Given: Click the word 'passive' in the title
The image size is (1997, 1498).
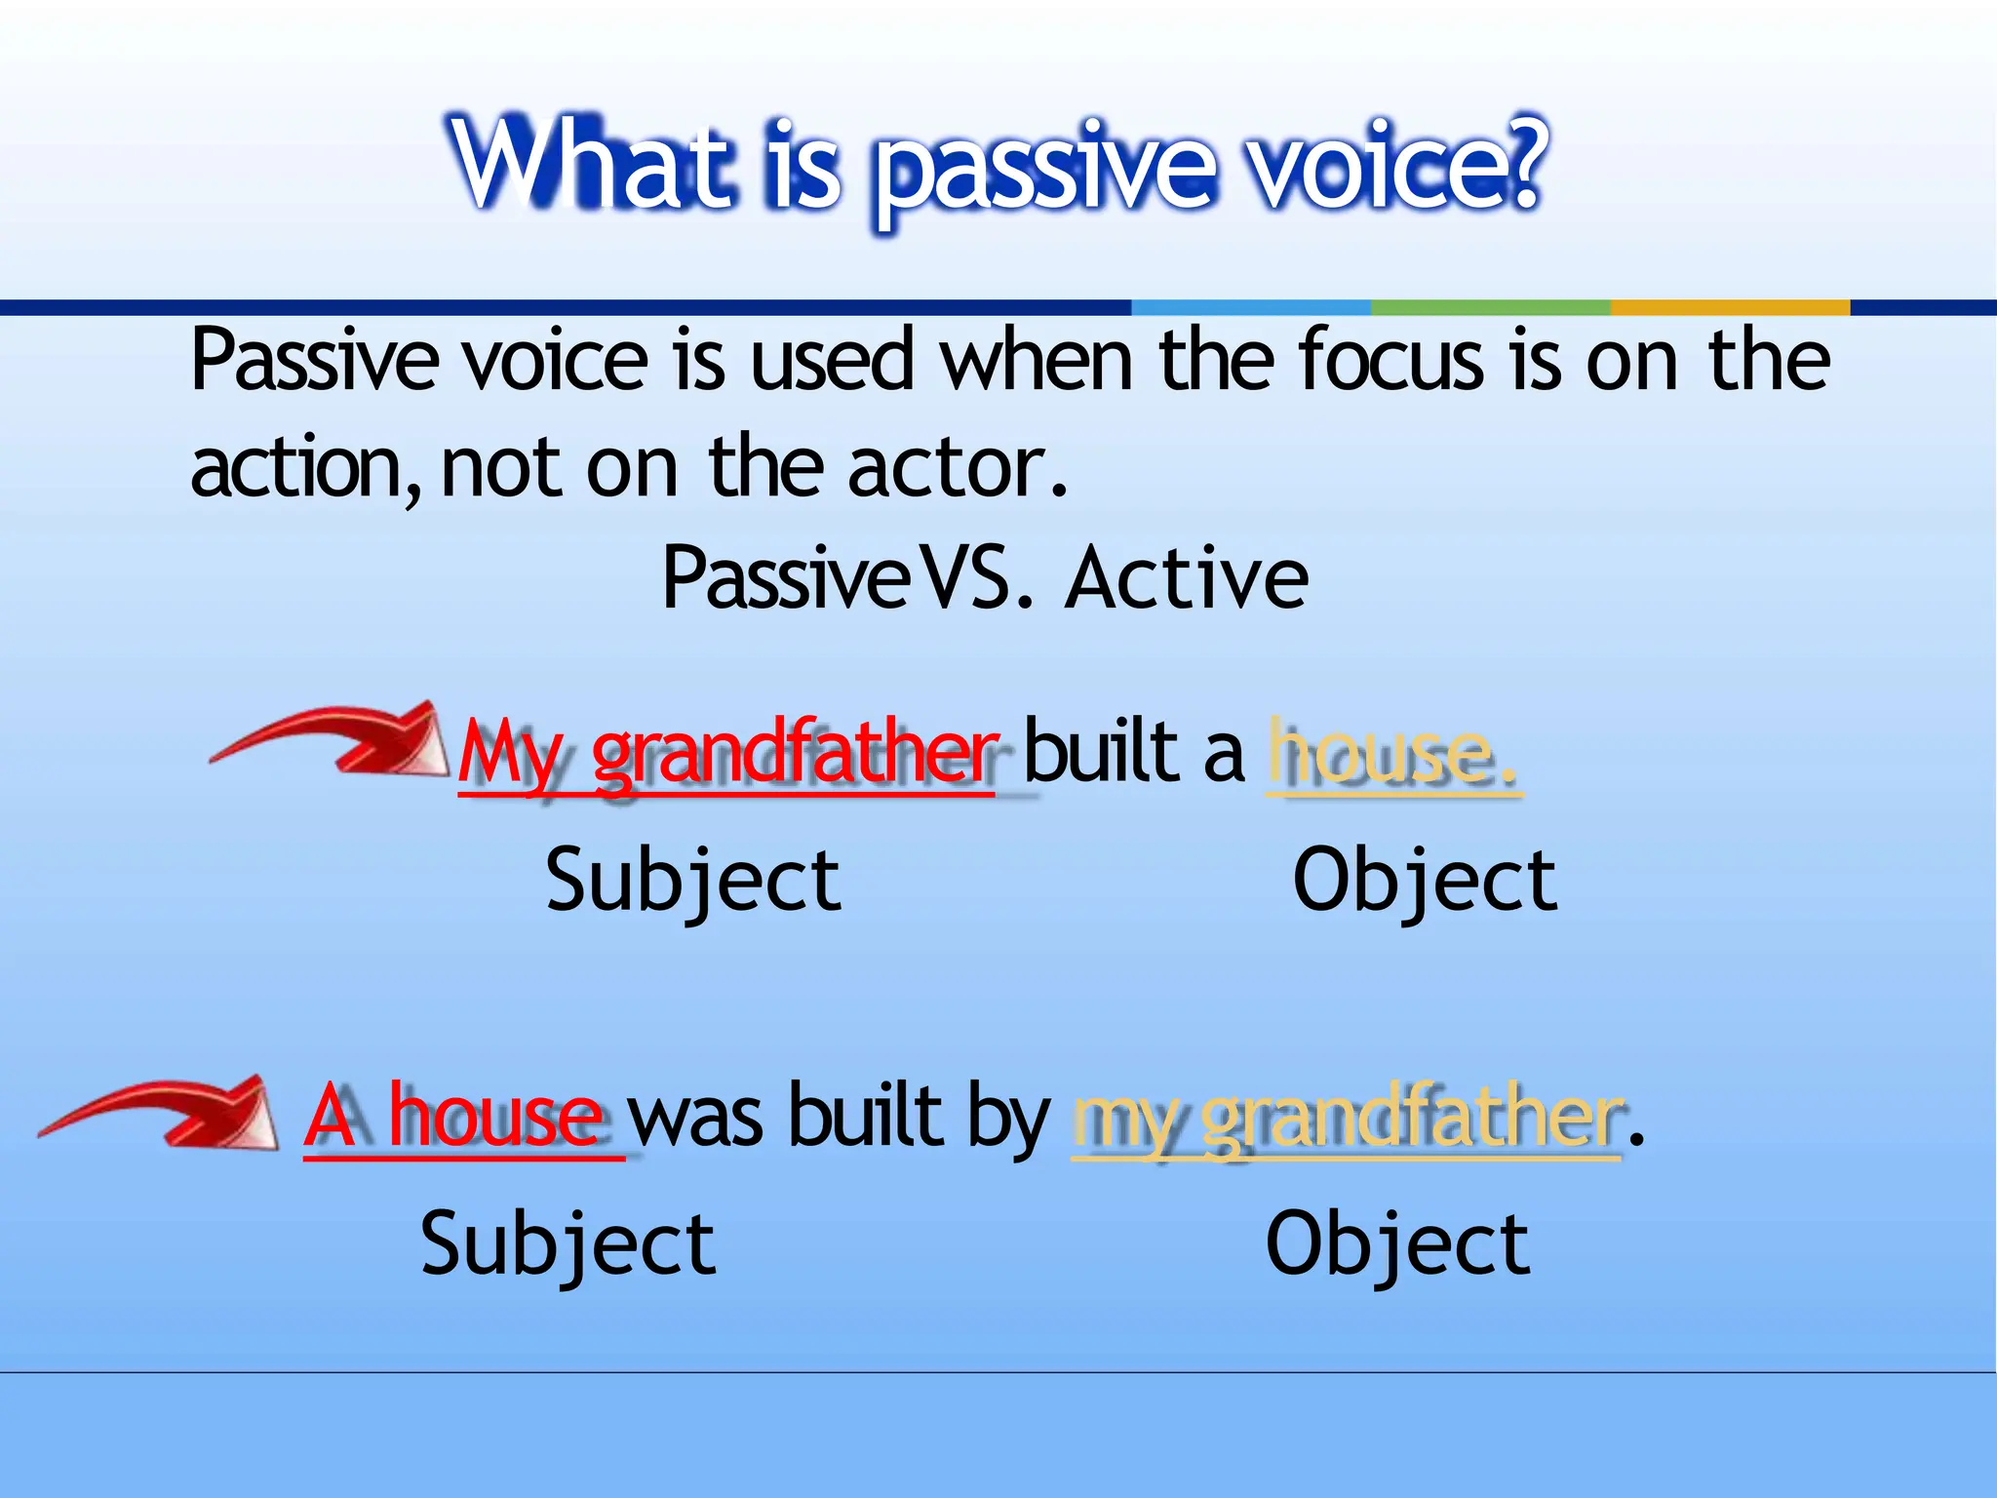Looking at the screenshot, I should pyautogui.click(x=1043, y=171).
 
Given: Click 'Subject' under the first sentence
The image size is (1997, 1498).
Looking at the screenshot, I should pyautogui.click(x=693, y=881).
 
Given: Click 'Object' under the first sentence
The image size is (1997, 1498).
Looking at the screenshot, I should pyautogui.click(x=1425, y=881).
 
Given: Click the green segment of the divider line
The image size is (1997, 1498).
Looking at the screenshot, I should pyautogui.click(x=1490, y=307).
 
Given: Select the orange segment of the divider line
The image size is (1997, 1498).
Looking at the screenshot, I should pyautogui.click(x=1729, y=307).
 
